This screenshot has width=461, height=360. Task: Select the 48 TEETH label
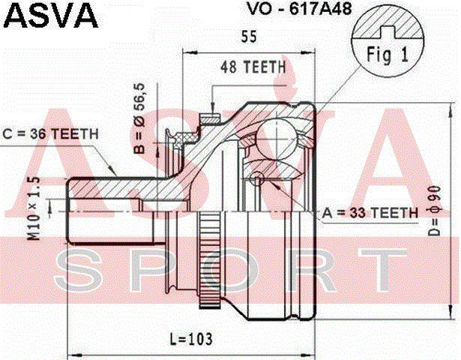point(253,67)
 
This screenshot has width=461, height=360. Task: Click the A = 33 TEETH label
point(370,214)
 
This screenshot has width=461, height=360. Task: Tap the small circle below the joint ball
point(257,179)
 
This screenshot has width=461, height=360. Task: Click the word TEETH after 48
point(267,67)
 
